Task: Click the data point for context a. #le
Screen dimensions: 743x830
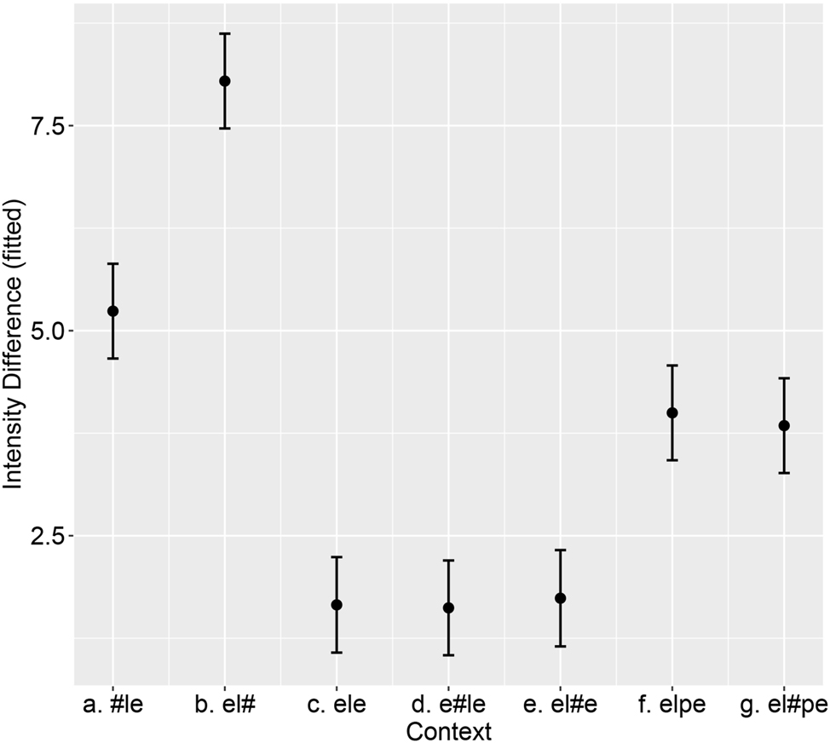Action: coord(112,311)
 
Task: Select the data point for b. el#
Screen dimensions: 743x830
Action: coord(225,81)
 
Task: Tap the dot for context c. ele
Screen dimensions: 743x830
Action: coord(337,605)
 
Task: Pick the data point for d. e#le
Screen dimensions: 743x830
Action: coord(448,608)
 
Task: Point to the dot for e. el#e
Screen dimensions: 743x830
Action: coord(560,598)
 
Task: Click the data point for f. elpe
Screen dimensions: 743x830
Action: coord(672,412)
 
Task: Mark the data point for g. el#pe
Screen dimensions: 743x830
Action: coord(784,425)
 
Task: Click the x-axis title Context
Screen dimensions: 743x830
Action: coord(448,731)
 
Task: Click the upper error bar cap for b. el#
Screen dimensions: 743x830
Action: coord(225,34)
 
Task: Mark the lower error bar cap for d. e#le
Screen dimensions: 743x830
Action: coord(448,655)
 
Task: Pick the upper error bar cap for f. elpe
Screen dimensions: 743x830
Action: coord(672,366)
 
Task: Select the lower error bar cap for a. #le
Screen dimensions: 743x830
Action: coord(112,358)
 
